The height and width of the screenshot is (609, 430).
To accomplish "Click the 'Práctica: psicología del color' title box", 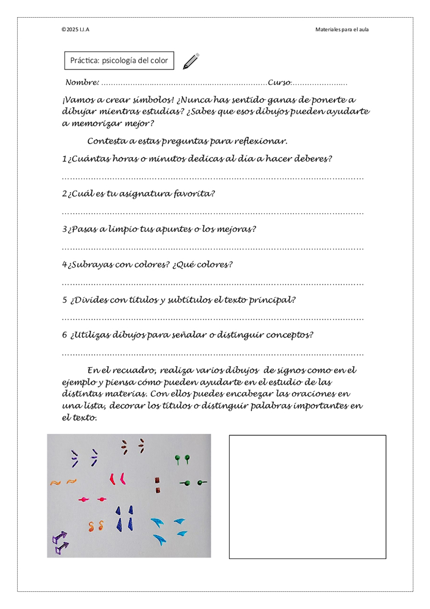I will click(x=119, y=61).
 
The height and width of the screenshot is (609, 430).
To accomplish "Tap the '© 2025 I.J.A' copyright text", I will click(x=75, y=29).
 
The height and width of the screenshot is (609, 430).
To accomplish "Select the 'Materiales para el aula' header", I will click(x=342, y=29).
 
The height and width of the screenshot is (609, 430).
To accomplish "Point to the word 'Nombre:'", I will click(x=82, y=83).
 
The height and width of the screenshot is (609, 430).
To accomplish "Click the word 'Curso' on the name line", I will click(x=279, y=83).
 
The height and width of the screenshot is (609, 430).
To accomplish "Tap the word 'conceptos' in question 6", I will click(x=290, y=335).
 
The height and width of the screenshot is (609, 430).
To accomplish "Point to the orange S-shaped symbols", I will click(x=96, y=523).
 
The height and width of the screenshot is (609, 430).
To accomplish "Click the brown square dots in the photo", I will click(x=157, y=485).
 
